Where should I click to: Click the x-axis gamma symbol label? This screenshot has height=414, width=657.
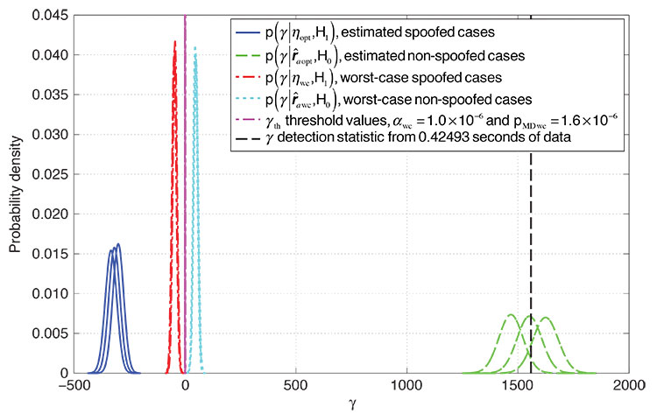pyautogui.click(x=351, y=405)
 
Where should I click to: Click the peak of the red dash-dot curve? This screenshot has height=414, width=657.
pyautogui.click(x=175, y=41)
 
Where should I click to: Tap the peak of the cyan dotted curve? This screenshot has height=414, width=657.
pyautogui.click(x=195, y=48)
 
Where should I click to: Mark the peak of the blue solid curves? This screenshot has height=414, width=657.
pyautogui.click(x=117, y=244)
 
